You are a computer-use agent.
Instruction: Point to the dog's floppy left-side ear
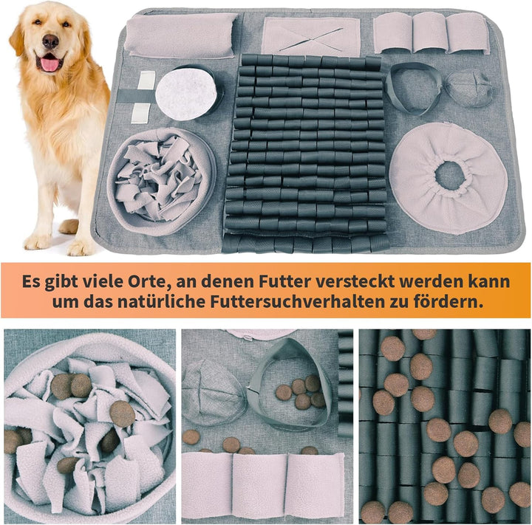(x=17, y=37)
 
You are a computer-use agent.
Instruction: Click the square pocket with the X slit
(x=310, y=36)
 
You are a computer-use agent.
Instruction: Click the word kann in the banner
(x=492, y=282)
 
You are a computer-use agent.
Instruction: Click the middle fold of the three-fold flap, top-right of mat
(x=429, y=32)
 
